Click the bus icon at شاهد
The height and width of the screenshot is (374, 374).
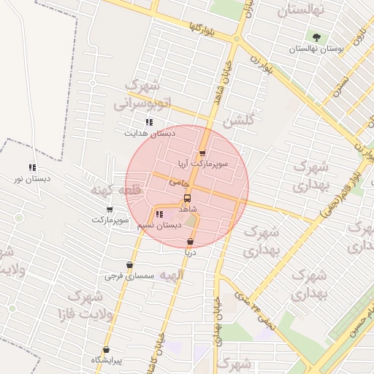[x=188, y=198]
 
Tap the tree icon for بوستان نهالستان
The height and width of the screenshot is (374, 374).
[x=316, y=37]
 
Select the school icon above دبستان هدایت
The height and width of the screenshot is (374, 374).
[x=149, y=122]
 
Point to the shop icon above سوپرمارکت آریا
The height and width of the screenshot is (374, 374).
[x=202, y=153]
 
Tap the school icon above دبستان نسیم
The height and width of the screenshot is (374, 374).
[x=159, y=214]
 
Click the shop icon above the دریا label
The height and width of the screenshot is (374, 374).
[x=191, y=241]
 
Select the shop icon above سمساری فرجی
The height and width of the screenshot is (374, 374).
[x=129, y=265]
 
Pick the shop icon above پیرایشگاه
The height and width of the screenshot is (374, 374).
[x=107, y=349]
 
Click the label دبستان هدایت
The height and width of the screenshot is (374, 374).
[x=150, y=134]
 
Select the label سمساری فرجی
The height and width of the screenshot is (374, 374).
[x=127, y=276]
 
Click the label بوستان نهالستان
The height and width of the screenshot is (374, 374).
[x=316, y=49]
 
